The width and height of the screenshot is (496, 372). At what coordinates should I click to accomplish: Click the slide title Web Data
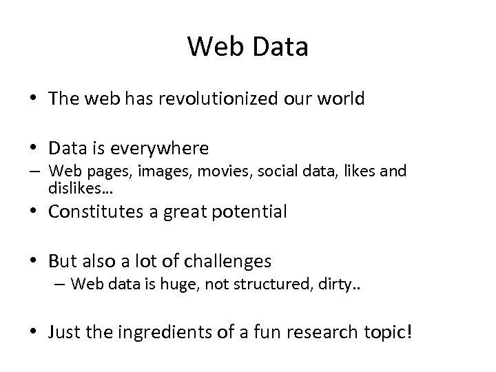point(247,47)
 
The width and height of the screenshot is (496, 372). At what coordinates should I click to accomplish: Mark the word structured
point(269,283)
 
